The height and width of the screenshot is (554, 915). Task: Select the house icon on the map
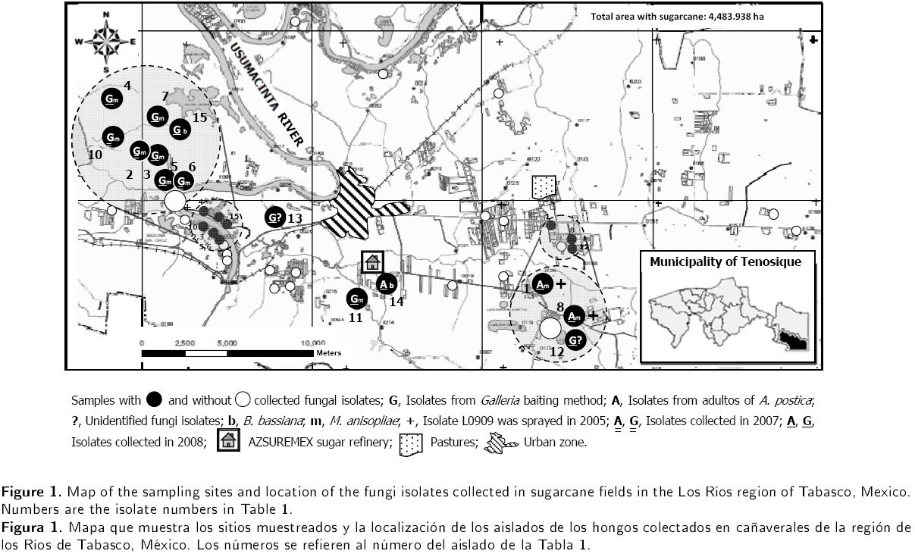pos(372,262)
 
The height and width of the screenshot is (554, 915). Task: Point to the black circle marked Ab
pos(386,284)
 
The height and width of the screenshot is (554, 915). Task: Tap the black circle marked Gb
pos(180,130)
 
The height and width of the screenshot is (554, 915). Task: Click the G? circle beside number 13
pos(274,218)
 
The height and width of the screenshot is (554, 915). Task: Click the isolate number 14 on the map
pos(396,301)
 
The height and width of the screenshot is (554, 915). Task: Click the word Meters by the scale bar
pos(329,352)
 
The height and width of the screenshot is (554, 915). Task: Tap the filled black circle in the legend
pos(154,399)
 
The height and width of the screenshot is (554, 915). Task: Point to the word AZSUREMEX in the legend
pos(278,442)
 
